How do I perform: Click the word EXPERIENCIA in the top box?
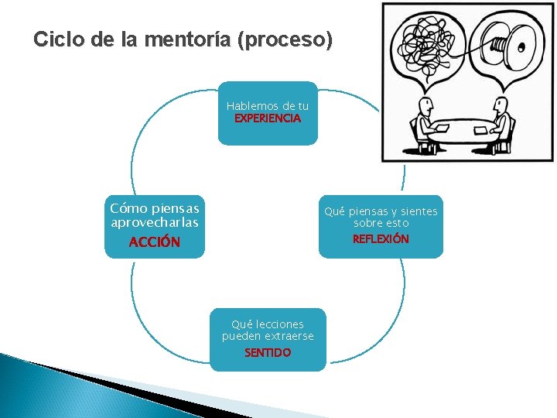(x=268, y=119)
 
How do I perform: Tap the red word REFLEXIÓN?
(x=381, y=239)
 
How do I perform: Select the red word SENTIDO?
(x=268, y=352)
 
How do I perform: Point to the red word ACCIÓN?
(x=155, y=242)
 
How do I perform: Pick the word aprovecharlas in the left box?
(x=155, y=222)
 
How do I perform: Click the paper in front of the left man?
(x=446, y=128)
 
